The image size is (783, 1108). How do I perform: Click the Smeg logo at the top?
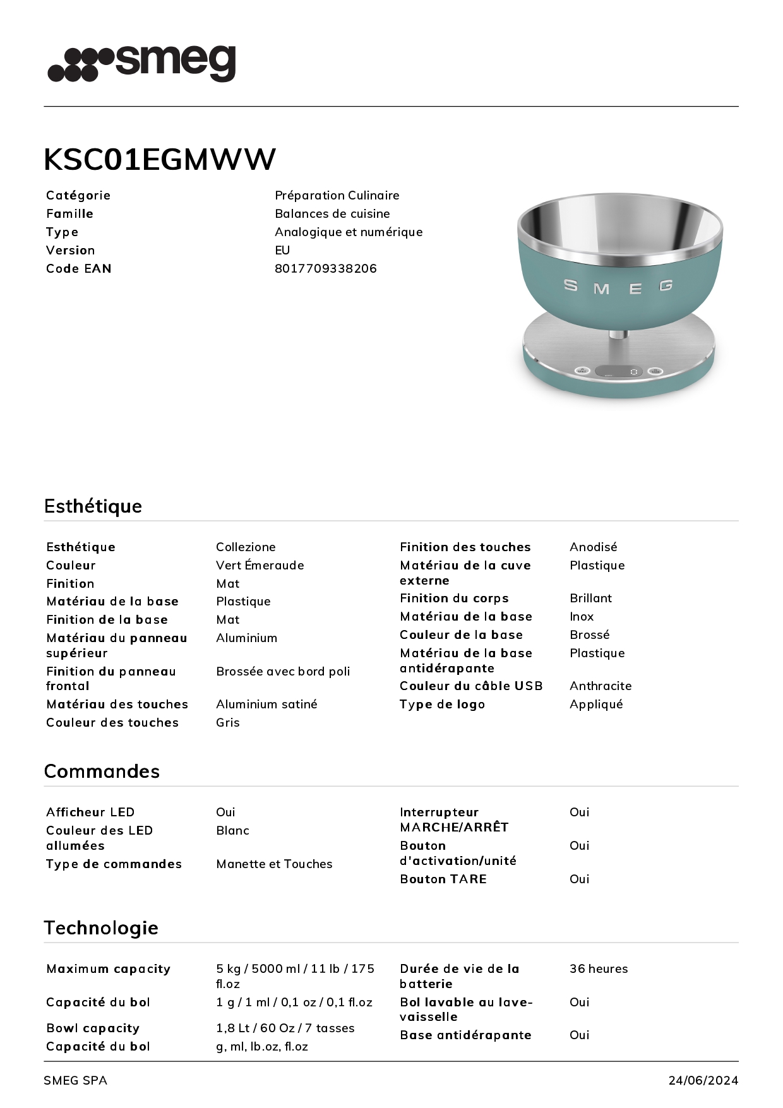pos(142,63)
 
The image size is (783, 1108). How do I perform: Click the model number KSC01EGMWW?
pos(160,159)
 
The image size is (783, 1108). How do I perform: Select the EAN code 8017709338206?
pos(326,268)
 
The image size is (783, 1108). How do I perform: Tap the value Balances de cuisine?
pos(332,213)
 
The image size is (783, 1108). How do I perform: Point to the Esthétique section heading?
pos(93,506)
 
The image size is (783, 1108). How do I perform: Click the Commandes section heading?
pos(102,771)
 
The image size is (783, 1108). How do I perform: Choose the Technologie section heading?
pos(101,927)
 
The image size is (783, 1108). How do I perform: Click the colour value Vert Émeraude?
pos(260,565)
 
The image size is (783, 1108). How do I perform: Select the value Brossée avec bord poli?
pos(283,671)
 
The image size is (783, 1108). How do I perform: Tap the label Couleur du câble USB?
pos(471,686)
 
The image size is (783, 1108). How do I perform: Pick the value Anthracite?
pos(601,686)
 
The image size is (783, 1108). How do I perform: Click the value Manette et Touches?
pos(274,864)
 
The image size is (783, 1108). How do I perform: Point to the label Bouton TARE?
pos(443,879)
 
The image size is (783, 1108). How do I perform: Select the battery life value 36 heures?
pos(599,968)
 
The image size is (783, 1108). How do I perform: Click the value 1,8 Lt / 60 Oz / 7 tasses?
pos(285,1028)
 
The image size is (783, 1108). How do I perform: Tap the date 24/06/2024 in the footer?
pos(703,1080)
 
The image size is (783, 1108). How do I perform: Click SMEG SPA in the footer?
pos(75,1080)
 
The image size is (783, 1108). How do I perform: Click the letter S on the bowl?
pos(571,285)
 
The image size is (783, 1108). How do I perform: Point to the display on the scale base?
pos(619,371)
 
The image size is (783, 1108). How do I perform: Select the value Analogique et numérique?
pos(349,232)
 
